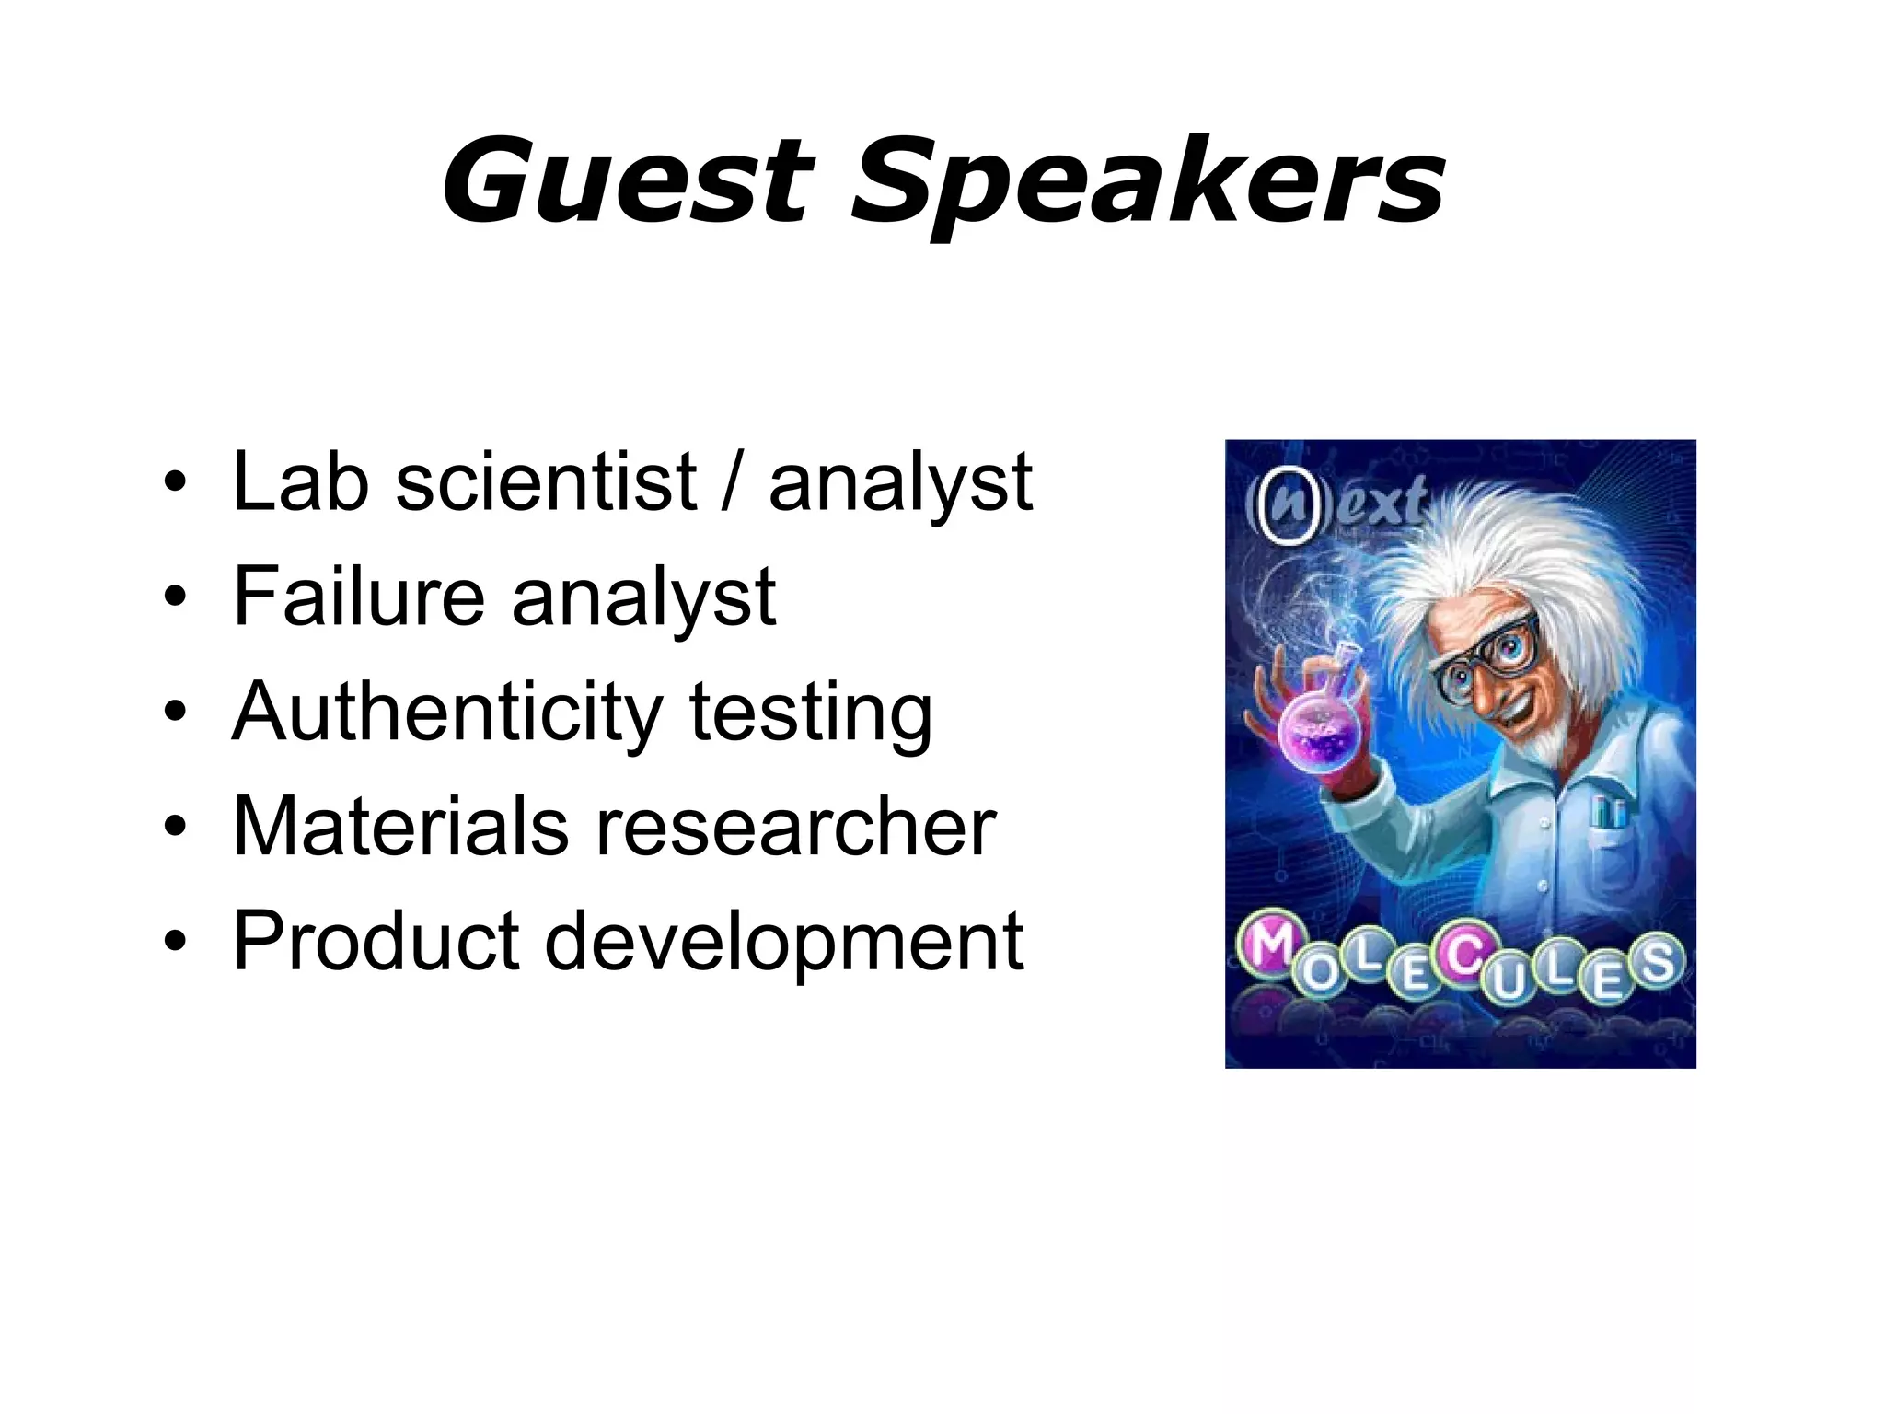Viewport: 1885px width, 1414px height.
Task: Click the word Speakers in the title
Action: pyautogui.click(x=1145, y=184)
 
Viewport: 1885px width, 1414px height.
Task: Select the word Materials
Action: pyautogui.click(x=400, y=826)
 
